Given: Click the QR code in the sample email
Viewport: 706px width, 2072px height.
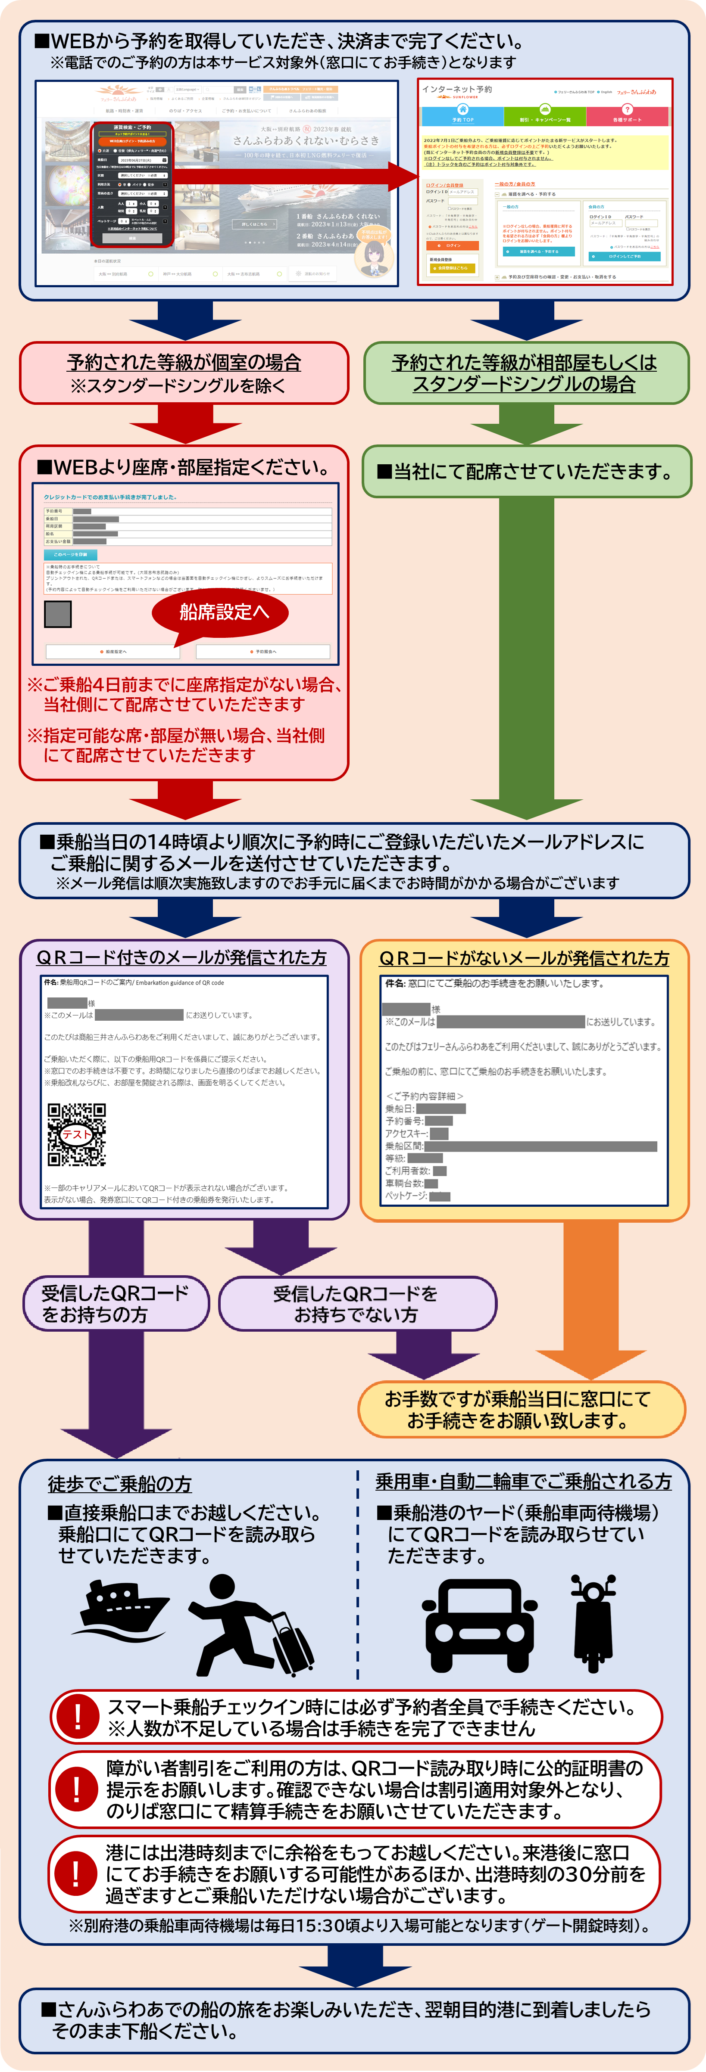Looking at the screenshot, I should coord(76,1134).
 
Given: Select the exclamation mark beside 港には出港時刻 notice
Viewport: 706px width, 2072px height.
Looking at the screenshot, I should coord(76,1873).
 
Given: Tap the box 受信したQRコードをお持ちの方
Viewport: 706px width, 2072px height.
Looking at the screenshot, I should coord(115,1304).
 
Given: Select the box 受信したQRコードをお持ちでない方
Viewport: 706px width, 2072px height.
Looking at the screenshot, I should coord(356,1304).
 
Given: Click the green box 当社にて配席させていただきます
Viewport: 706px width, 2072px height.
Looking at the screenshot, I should coord(526,471).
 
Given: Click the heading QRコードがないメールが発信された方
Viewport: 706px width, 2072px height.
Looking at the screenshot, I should coord(524,958).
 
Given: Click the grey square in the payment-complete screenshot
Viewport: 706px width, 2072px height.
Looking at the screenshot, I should coord(58,614).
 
